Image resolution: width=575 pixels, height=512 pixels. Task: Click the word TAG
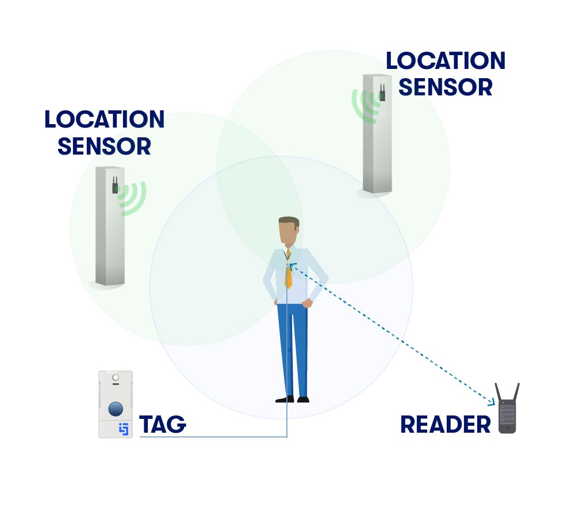click(x=163, y=425)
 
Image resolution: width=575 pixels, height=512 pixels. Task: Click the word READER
click(x=445, y=425)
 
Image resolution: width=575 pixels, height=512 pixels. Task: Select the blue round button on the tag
click(x=116, y=409)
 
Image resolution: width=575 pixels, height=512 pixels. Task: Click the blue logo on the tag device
click(x=122, y=429)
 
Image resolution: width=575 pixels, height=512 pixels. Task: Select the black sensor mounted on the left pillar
click(x=115, y=187)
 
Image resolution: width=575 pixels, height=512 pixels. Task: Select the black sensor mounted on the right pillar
click(x=382, y=95)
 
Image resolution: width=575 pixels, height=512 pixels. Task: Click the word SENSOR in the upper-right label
click(x=445, y=87)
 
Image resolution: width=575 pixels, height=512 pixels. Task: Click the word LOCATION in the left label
click(x=104, y=120)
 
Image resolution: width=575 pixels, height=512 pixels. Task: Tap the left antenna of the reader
click(x=498, y=394)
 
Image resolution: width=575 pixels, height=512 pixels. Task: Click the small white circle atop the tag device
click(x=116, y=378)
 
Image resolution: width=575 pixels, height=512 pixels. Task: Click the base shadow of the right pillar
click(x=368, y=194)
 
